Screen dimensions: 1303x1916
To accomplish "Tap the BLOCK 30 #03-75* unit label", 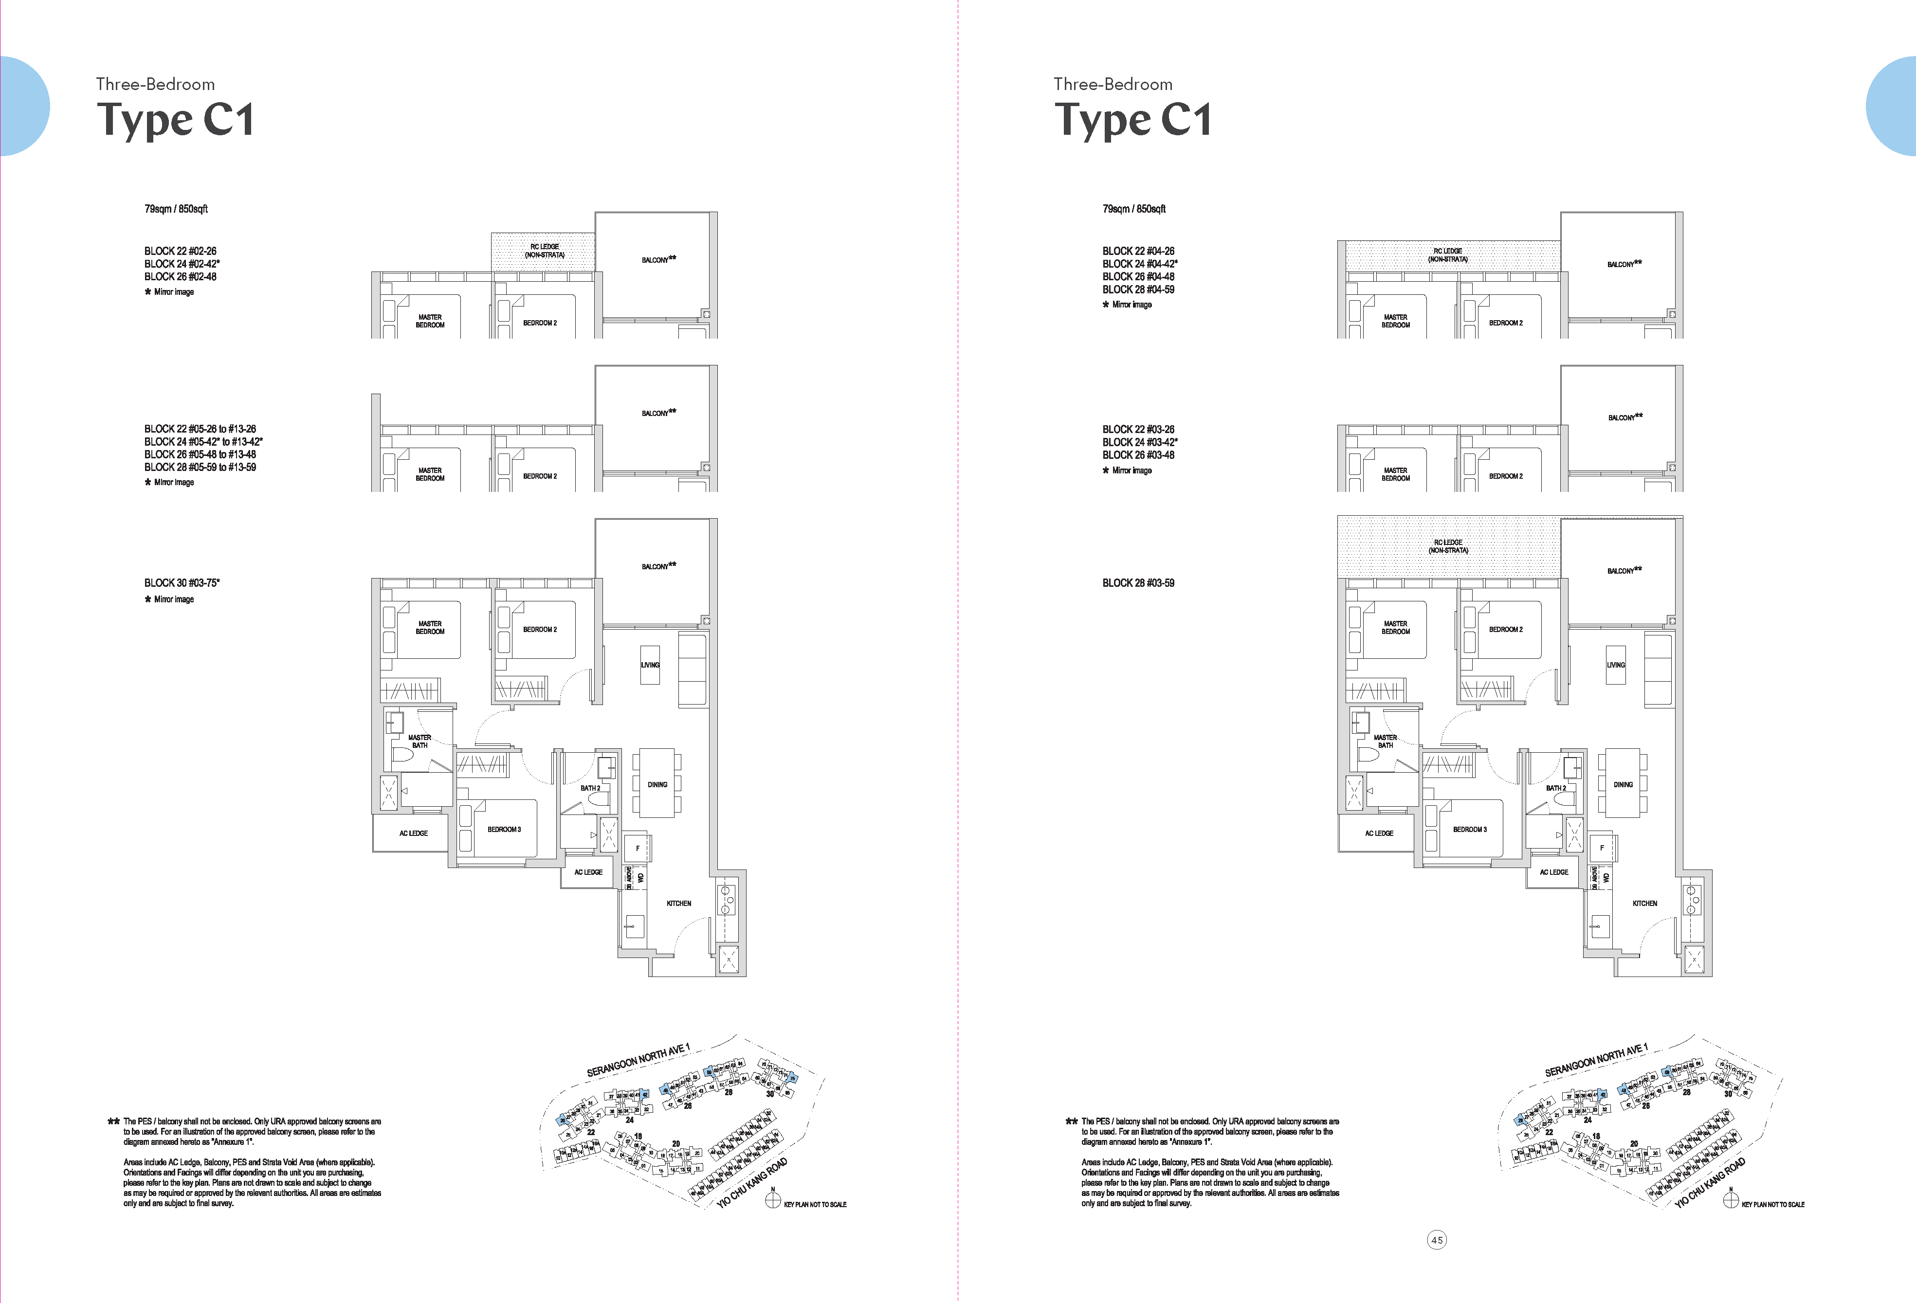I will [x=182, y=583].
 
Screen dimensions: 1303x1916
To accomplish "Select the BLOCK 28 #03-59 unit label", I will [x=1138, y=583].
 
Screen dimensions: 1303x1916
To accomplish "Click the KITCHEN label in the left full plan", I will [x=678, y=903].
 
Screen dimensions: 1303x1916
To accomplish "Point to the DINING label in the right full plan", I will [x=1623, y=785].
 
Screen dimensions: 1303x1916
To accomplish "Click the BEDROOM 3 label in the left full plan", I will [x=504, y=829].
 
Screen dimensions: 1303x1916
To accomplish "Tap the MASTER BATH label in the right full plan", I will [x=1385, y=741].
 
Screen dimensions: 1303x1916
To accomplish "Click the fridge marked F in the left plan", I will [x=638, y=848].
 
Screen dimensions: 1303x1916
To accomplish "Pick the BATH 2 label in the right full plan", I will [x=1556, y=788].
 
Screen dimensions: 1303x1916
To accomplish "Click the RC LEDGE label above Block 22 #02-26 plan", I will [x=544, y=251].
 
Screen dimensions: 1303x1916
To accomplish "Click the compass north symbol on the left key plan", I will [x=772, y=1200].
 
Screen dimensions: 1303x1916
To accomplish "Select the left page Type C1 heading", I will [x=176, y=120].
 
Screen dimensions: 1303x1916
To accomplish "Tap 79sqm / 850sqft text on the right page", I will [x=1133, y=209].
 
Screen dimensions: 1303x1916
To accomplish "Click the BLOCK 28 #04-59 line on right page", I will [x=1138, y=290].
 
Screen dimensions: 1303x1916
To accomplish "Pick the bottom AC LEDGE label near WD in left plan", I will [x=588, y=872].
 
